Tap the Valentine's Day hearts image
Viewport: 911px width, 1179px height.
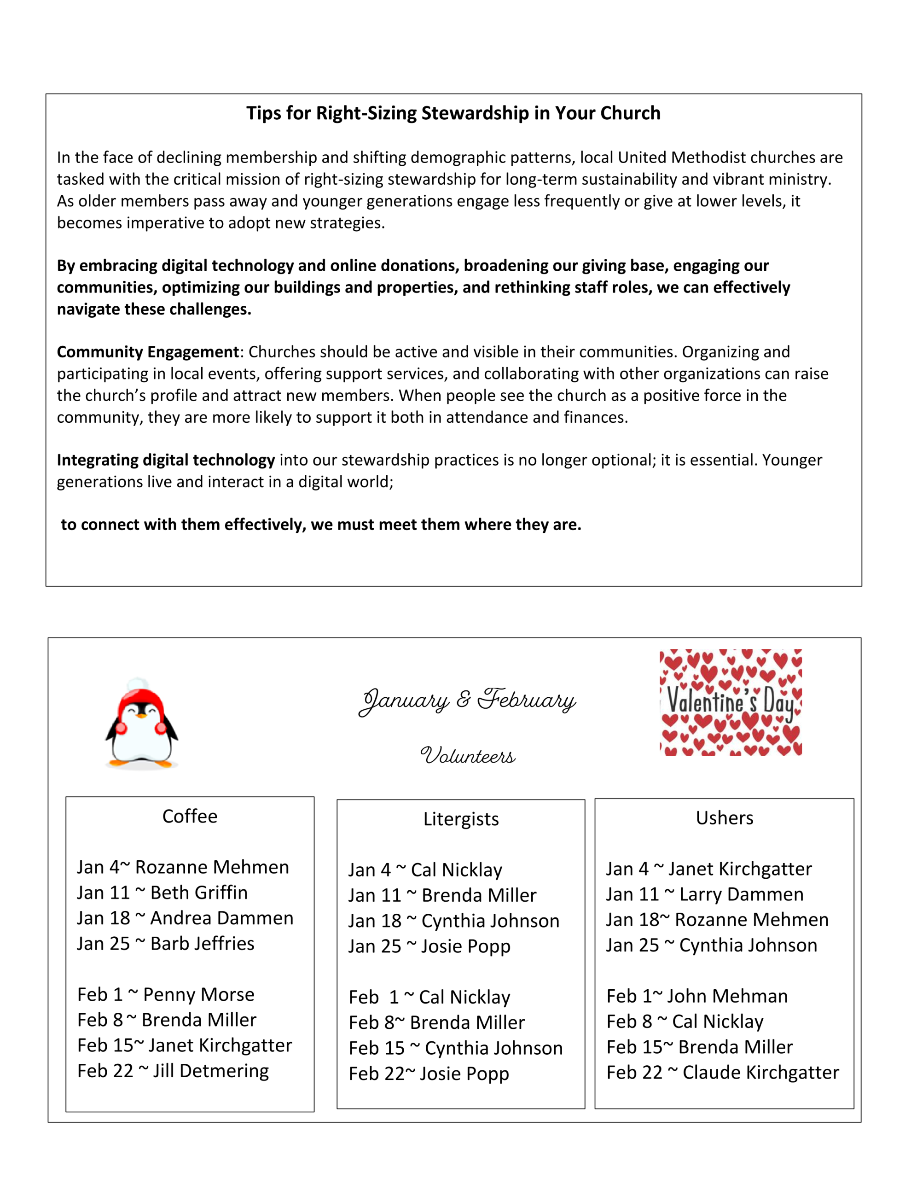[730, 702]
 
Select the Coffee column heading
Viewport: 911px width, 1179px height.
[190, 816]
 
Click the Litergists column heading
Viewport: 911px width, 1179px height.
[461, 819]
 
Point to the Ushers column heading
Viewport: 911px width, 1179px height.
[724, 818]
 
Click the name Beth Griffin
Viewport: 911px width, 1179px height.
[198, 893]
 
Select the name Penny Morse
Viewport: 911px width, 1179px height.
[198, 994]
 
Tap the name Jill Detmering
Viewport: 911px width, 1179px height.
[210, 1070]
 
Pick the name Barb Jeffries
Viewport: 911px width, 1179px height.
[202, 943]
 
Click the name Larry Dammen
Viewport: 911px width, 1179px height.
[741, 894]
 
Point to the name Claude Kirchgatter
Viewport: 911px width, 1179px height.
[761, 1072]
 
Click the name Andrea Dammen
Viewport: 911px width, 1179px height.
[221, 918]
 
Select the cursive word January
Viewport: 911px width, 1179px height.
[405, 700]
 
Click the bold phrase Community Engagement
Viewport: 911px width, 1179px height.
[148, 352]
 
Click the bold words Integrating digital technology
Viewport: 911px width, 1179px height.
[166, 460]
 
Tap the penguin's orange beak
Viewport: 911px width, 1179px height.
[141, 716]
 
